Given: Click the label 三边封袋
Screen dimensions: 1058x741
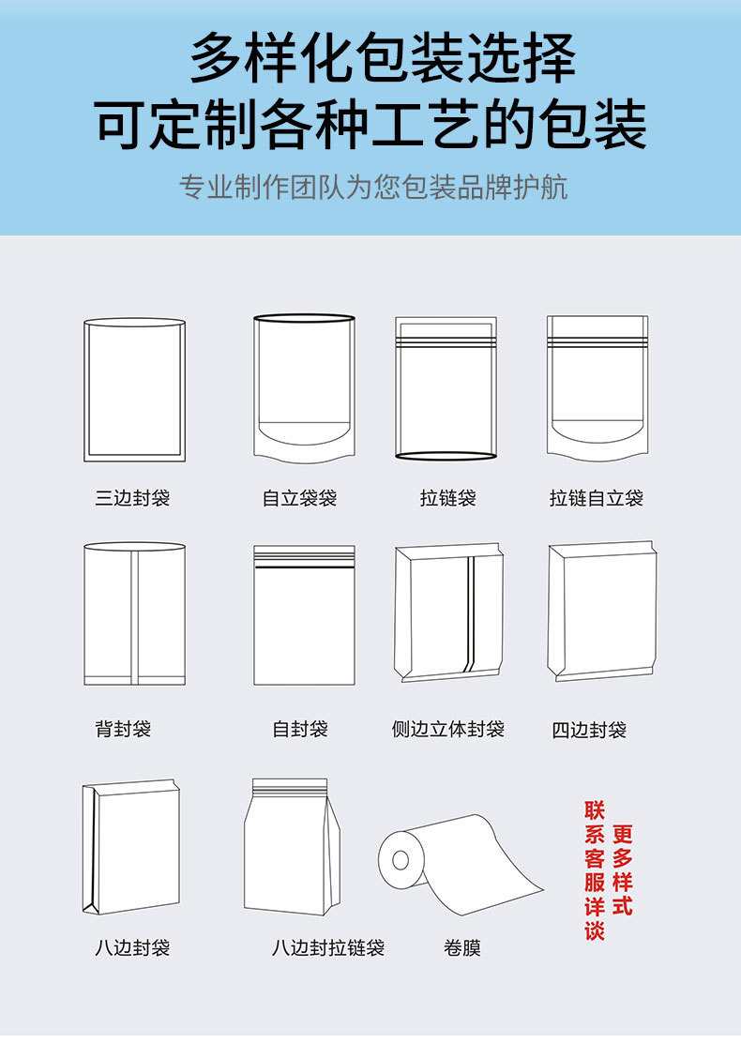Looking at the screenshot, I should pyautogui.click(x=132, y=498).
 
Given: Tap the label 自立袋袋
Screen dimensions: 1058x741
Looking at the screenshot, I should pyautogui.click(x=299, y=498).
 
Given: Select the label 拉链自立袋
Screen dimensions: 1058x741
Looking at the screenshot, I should pyautogui.click(x=597, y=498).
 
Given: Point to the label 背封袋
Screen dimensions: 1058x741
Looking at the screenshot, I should pyautogui.click(x=123, y=729).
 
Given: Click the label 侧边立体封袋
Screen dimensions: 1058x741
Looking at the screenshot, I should pyautogui.click(x=448, y=729).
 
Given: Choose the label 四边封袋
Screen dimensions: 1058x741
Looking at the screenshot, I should pyautogui.click(x=589, y=730).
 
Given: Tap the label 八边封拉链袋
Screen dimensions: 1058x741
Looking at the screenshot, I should pyautogui.click(x=328, y=948).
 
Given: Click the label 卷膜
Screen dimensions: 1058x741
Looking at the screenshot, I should pyautogui.click(x=462, y=948).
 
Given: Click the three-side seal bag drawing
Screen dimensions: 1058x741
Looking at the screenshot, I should pyautogui.click(x=134, y=389).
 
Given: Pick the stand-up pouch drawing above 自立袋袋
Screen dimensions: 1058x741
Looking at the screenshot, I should pyautogui.click(x=304, y=388).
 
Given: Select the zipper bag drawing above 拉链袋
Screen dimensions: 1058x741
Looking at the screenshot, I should pyautogui.click(x=446, y=388).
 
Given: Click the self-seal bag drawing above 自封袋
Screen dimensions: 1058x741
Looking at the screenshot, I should pyautogui.click(x=304, y=614).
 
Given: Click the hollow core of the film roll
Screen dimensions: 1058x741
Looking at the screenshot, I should pyautogui.click(x=401, y=859).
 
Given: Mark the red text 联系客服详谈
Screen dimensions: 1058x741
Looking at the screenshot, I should pyautogui.click(x=595, y=870).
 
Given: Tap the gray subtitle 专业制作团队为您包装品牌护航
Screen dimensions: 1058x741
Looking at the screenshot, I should pyautogui.click(x=373, y=188).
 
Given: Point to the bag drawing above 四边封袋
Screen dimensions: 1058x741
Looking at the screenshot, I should pyautogui.click(x=602, y=611).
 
